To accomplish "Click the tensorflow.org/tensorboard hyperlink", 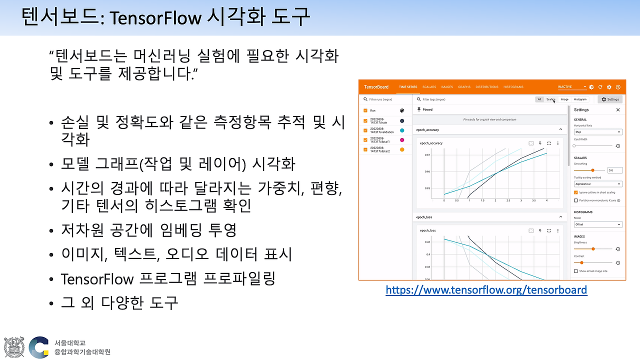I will [x=486, y=289].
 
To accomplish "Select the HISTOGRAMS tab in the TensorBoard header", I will [x=513, y=87].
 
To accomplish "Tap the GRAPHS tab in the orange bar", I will [x=464, y=87].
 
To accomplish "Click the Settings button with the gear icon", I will [x=610, y=99].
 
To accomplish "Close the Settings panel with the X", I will [x=618, y=110].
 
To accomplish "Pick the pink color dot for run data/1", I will [x=402, y=140].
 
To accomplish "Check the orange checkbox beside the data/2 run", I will [x=365, y=149].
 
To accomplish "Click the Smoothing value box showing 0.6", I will [x=613, y=170].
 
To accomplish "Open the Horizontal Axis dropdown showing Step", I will [x=598, y=132].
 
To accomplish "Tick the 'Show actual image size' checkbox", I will [x=576, y=271].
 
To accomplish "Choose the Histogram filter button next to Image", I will [x=580, y=99].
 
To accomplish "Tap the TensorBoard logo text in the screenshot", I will [x=376, y=87].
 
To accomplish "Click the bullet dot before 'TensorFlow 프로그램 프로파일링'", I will [x=51, y=279].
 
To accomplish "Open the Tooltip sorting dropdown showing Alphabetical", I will [x=598, y=184].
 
